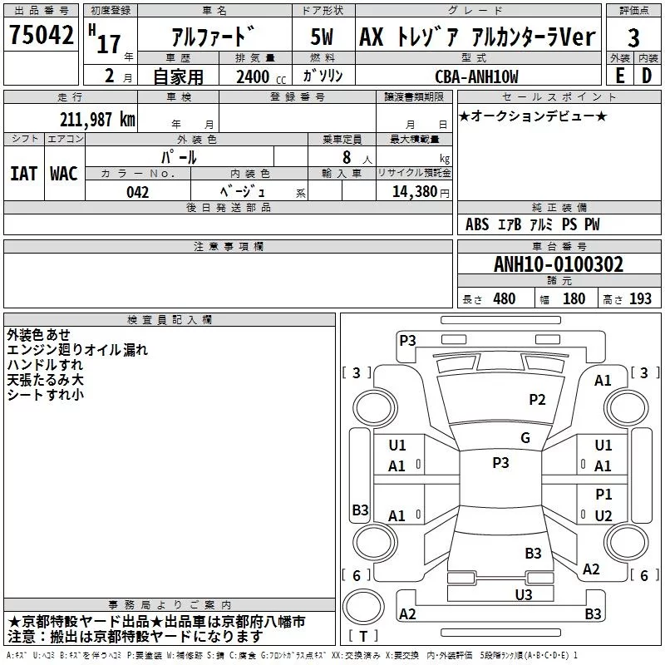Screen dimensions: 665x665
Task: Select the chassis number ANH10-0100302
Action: click(x=558, y=264)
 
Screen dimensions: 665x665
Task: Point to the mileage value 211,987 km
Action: click(x=96, y=119)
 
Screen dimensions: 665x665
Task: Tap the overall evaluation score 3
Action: click(x=633, y=37)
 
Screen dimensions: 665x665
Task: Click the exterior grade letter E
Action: click(x=619, y=76)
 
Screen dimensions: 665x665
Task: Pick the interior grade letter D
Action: click(x=647, y=76)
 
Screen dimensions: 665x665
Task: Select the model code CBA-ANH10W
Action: click(x=476, y=76)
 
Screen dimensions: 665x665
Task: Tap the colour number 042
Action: click(x=138, y=192)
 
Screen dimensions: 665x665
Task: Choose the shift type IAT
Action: click(x=23, y=173)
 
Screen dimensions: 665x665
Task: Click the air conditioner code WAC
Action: click(x=63, y=173)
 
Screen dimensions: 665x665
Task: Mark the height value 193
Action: click(x=641, y=299)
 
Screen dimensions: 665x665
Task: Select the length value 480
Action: click(x=504, y=299)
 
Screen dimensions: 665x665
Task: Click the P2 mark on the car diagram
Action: click(x=538, y=400)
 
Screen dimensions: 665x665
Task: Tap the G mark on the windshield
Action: click(x=525, y=438)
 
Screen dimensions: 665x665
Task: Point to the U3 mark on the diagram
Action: click(x=524, y=594)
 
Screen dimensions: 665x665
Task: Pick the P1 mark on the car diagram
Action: click(x=603, y=495)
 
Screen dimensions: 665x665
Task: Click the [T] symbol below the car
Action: click(x=362, y=637)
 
